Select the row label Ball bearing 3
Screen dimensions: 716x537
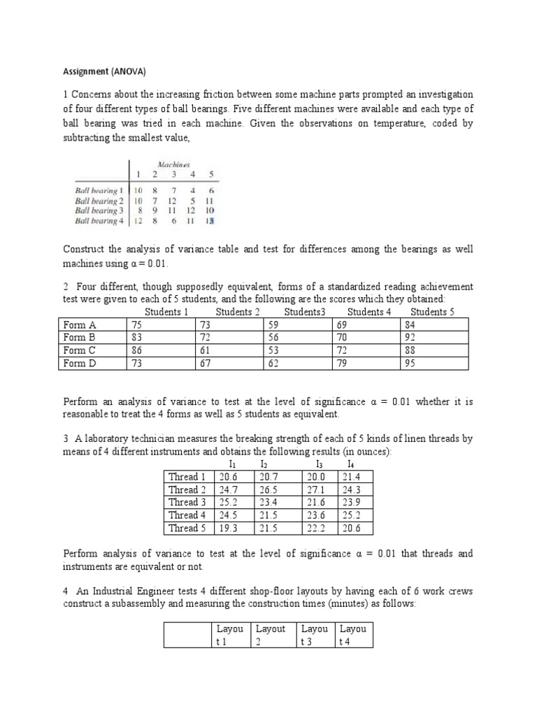[x=99, y=210]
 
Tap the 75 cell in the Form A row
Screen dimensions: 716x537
[x=138, y=325]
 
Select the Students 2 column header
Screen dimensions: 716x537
[x=238, y=312]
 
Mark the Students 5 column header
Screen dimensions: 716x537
[x=432, y=312]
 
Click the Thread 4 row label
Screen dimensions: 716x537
[x=187, y=515]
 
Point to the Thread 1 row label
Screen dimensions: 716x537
[x=187, y=476]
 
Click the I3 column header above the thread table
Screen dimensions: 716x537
[x=319, y=464]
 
